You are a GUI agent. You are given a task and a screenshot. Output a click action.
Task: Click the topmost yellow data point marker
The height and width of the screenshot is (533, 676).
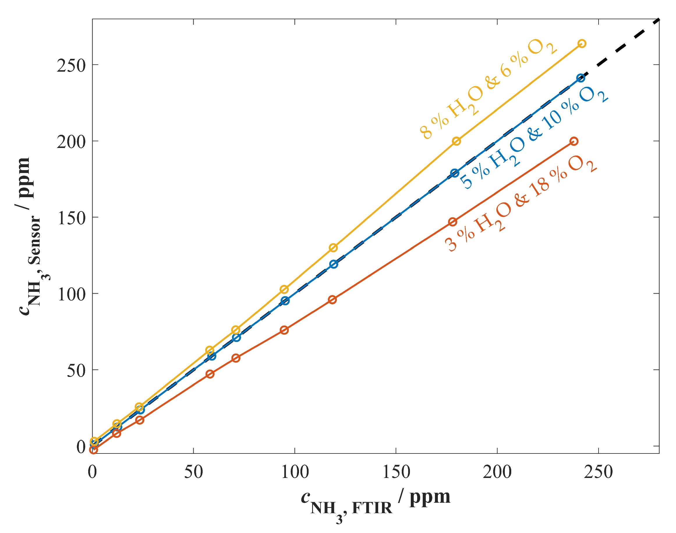[581, 43]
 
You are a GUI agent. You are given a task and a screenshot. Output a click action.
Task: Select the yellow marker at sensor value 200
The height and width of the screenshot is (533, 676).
[456, 141]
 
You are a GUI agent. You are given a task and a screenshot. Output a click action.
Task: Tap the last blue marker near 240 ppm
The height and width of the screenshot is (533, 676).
[580, 78]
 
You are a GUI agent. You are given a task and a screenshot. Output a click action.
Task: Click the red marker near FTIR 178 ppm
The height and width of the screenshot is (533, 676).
[453, 222]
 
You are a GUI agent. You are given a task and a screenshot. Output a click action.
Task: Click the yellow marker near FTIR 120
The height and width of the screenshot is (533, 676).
[333, 248]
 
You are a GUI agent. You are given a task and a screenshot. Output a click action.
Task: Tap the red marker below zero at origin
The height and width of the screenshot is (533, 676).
[93, 450]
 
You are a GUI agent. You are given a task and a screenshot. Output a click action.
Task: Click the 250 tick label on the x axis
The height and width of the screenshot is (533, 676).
[598, 472]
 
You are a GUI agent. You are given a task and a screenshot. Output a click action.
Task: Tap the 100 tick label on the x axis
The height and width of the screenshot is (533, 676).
[295, 472]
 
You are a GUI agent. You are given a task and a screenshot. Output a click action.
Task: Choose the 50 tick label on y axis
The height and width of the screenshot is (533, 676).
[76, 371]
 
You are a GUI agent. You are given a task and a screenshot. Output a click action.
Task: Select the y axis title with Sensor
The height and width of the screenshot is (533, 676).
[30, 237]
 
